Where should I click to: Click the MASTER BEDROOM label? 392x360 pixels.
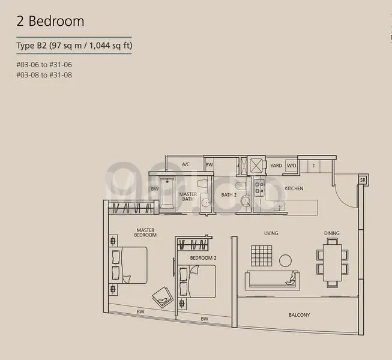pyautogui.click(x=146, y=232)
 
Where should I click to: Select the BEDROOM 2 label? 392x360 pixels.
pyautogui.click(x=203, y=258)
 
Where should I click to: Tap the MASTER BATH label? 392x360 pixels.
pyautogui.click(x=188, y=197)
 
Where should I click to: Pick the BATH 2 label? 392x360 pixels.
pyautogui.click(x=229, y=195)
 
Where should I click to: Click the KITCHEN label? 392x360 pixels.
pyautogui.click(x=294, y=188)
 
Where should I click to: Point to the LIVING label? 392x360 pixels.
pyautogui.click(x=271, y=233)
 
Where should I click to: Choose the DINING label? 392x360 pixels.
pyautogui.click(x=331, y=233)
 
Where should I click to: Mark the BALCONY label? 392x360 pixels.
pyautogui.click(x=299, y=315)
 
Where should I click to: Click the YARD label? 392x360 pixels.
pyautogui.click(x=276, y=165)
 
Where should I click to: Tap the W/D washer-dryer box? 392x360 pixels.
pyautogui.click(x=291, y=165)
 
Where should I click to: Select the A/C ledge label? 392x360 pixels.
pyautogui.click(x=185, y=164)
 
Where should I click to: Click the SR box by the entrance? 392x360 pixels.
pyautogui.click(x=363, y=179)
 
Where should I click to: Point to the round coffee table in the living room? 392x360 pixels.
pyautogui.click(x=285, y=260)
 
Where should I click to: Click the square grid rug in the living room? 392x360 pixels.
pyautogui.click(x=261, y=256)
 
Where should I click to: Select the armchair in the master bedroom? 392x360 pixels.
pyautogui.click(x=161, y=296)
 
